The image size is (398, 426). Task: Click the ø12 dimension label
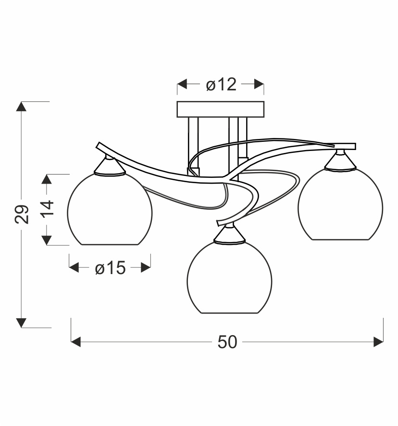(221, 85)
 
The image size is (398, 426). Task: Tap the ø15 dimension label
(110, 268)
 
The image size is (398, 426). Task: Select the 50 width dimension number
(227, 342)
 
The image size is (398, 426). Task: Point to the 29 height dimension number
(22, 214)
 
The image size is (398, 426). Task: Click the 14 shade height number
(47, 208)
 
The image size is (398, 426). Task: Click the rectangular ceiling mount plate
(220, 109)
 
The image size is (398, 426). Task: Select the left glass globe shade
(110, 209)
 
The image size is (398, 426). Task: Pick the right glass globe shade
(340, 204)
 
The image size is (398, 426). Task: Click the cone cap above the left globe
(110, 166)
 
